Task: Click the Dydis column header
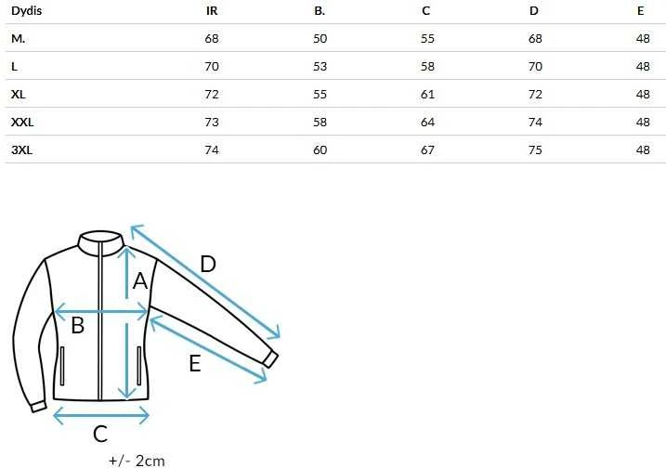coord(26,11)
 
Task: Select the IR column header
coord(212,10)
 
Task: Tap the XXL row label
coord(22,123)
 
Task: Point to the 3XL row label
coord(21,149)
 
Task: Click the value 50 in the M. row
coord(320,39)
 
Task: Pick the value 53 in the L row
coord(320,67)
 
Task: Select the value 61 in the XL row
coord(427,95)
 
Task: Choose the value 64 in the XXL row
coord(427,123)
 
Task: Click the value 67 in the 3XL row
coord(427,149)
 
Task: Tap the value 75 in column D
coord(535,149)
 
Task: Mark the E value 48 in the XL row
coord(643,95)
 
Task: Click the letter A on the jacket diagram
coord(140,281)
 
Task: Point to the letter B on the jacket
coord(78,325)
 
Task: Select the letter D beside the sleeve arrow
coord(208,264)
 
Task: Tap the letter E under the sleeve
coord(195,363)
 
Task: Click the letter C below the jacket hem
coord(100,434)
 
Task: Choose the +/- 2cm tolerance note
coord(137,461)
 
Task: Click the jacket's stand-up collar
coord(101,244)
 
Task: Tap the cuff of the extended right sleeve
coord(270,359)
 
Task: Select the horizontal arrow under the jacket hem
coord(101,415)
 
